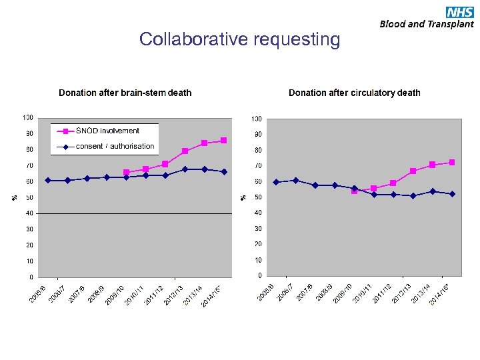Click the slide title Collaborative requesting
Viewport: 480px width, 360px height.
[x=239, y=39]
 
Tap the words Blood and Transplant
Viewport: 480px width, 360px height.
[x=427, y=24]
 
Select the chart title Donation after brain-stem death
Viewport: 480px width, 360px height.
[x=125, y=93]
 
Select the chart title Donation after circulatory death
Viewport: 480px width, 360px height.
[x=354, y=93]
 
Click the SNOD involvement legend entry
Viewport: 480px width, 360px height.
[x=107, y=131]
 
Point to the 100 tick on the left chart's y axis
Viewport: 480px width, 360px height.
[x=28, y=117]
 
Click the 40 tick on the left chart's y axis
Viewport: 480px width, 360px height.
[x=29, y=213]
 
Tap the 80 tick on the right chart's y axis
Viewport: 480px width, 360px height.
[x=257, y=150]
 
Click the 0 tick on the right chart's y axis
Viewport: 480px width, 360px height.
[x=259, y=275]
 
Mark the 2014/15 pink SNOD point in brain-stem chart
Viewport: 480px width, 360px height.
[x=224, y=140]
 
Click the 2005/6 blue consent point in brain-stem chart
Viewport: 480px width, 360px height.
[x=47, y=180]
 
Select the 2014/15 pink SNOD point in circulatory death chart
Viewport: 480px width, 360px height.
[x=452, y=162]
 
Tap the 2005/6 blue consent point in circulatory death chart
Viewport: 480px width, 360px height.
[x=276, y=181]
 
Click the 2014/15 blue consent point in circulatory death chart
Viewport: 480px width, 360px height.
[x=452, y=194]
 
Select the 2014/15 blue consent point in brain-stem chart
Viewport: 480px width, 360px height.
[x=224, y=171]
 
